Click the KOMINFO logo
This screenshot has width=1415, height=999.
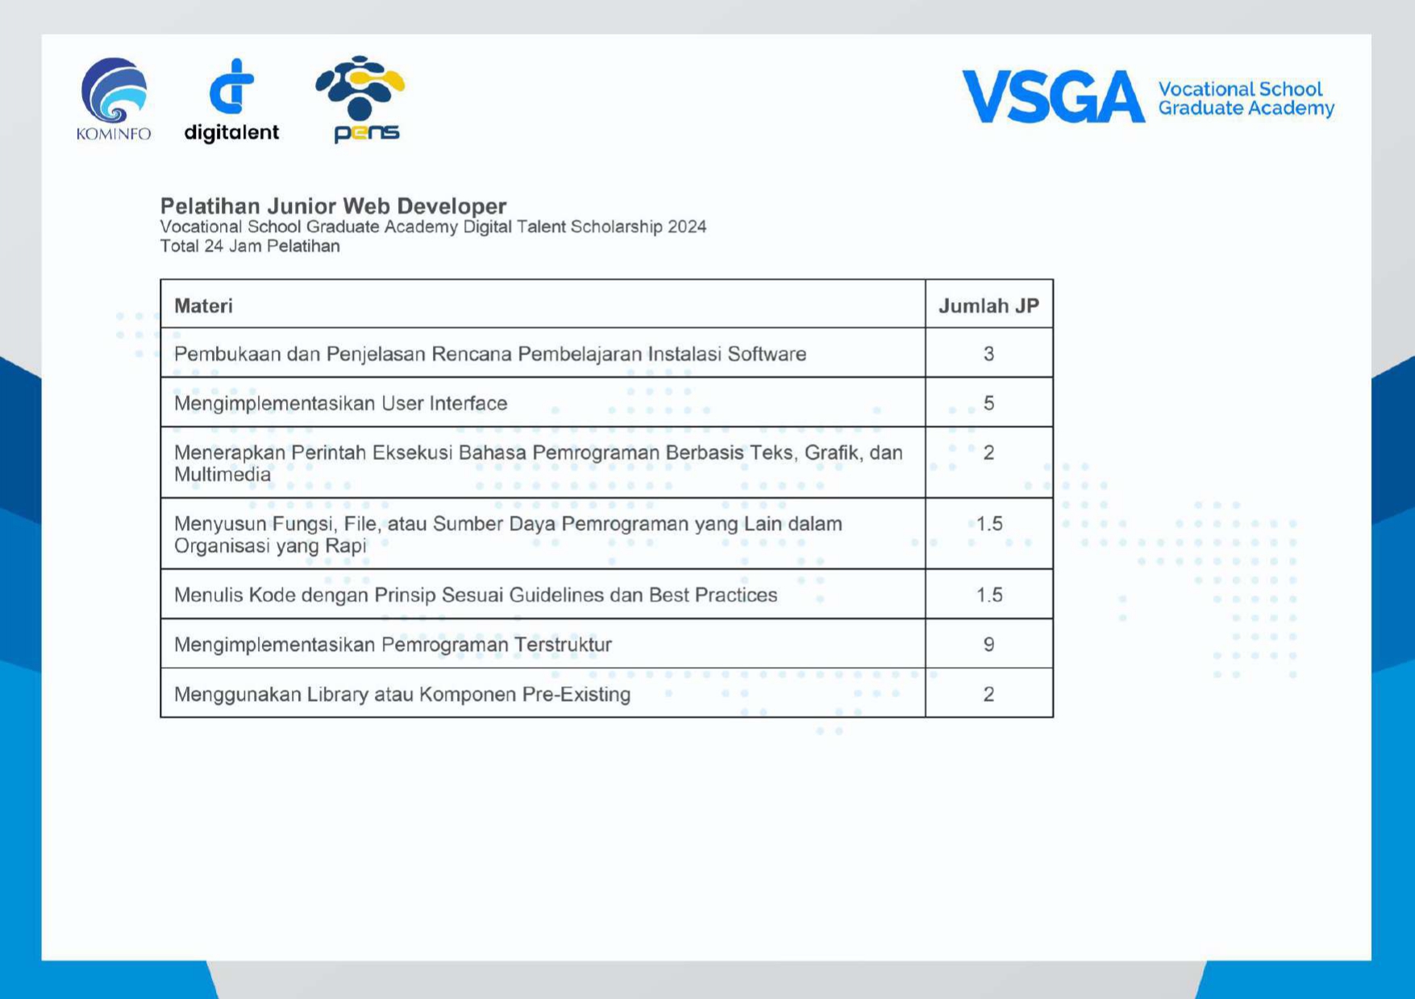coord(114,99)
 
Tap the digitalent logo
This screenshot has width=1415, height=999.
coord(231,100)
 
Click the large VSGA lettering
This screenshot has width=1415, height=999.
coord(1052,97)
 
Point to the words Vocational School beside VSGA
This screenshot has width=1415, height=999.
coord(1240,89)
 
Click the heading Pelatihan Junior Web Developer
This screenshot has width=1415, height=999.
coord(333,206)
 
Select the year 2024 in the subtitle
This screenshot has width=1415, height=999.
coord(687,227)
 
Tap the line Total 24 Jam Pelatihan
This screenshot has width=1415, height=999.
coord(250,247)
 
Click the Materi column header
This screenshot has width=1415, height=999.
coord(203,306)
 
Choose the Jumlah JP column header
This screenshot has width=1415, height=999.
coord(988,306)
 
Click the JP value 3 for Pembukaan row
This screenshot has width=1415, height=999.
coord(988,354)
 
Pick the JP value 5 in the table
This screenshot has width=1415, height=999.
coord(988,404)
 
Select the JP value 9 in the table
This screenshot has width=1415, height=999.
coord(988,645)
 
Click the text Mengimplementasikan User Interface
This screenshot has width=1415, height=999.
coord(340,404)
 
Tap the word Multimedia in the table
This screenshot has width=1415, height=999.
coord(223,475)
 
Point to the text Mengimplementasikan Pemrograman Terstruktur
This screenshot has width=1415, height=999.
coord(393,645)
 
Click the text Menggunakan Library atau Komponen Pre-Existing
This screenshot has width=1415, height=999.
coord(402,694)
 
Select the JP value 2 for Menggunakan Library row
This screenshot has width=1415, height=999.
coord(988,694)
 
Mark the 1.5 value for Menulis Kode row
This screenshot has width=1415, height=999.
coord(989,595)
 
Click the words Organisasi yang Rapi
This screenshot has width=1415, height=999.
coord(270,546)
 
